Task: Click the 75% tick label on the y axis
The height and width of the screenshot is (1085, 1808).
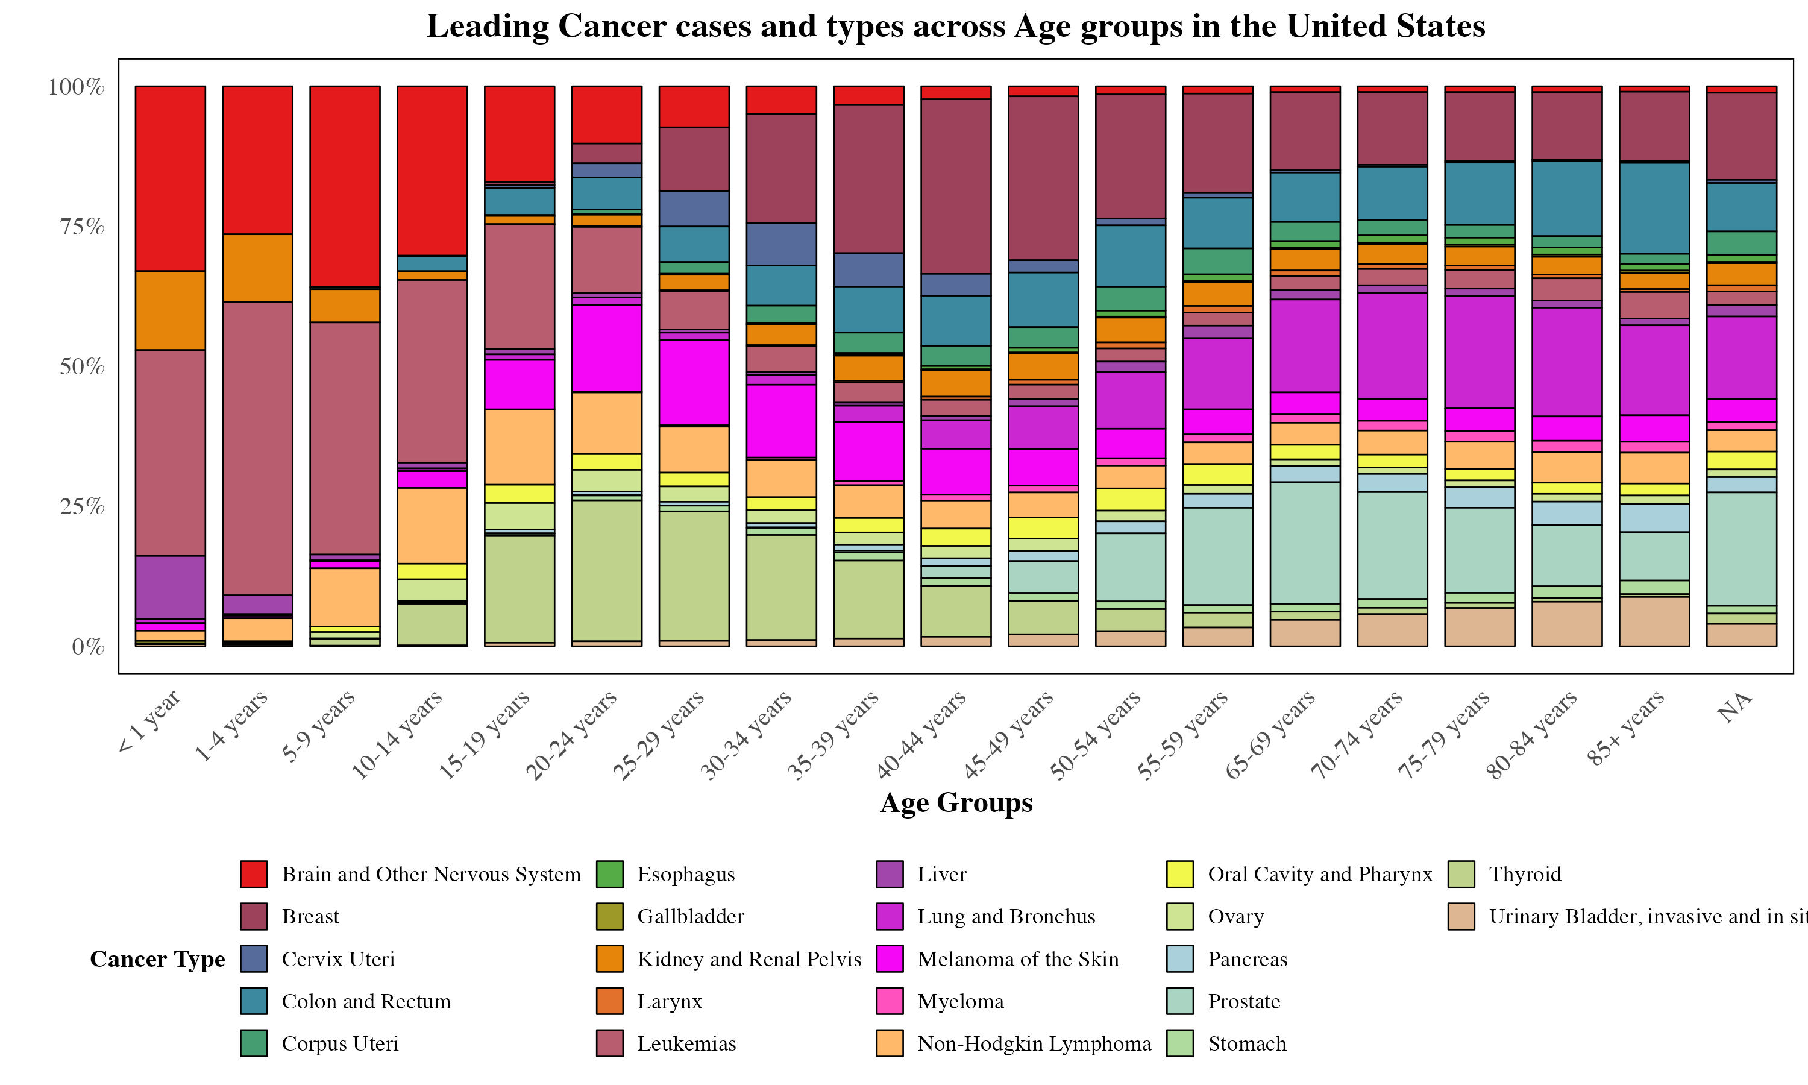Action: (82, 227)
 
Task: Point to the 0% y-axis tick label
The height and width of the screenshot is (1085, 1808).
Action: (88, 647)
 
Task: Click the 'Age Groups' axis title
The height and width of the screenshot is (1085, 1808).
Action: (956, 803)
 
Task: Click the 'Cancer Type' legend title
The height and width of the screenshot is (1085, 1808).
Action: (157, 959)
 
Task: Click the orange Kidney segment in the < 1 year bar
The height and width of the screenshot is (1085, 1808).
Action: (171, 310)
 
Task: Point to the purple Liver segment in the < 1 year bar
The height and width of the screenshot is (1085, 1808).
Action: (171, 587)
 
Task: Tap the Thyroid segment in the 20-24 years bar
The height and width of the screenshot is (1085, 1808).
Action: (606, 570)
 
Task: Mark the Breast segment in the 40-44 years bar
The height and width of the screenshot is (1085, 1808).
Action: (956, 186)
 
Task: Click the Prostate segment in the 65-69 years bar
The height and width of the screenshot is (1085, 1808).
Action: (1305, 542)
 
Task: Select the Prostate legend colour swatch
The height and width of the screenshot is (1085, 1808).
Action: (1180, 1002)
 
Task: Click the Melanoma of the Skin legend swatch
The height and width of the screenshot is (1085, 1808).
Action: (890, 959)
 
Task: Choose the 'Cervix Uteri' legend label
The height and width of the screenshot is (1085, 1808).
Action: (338, 959)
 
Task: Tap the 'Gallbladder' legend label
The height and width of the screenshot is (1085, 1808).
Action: (691, 917)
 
